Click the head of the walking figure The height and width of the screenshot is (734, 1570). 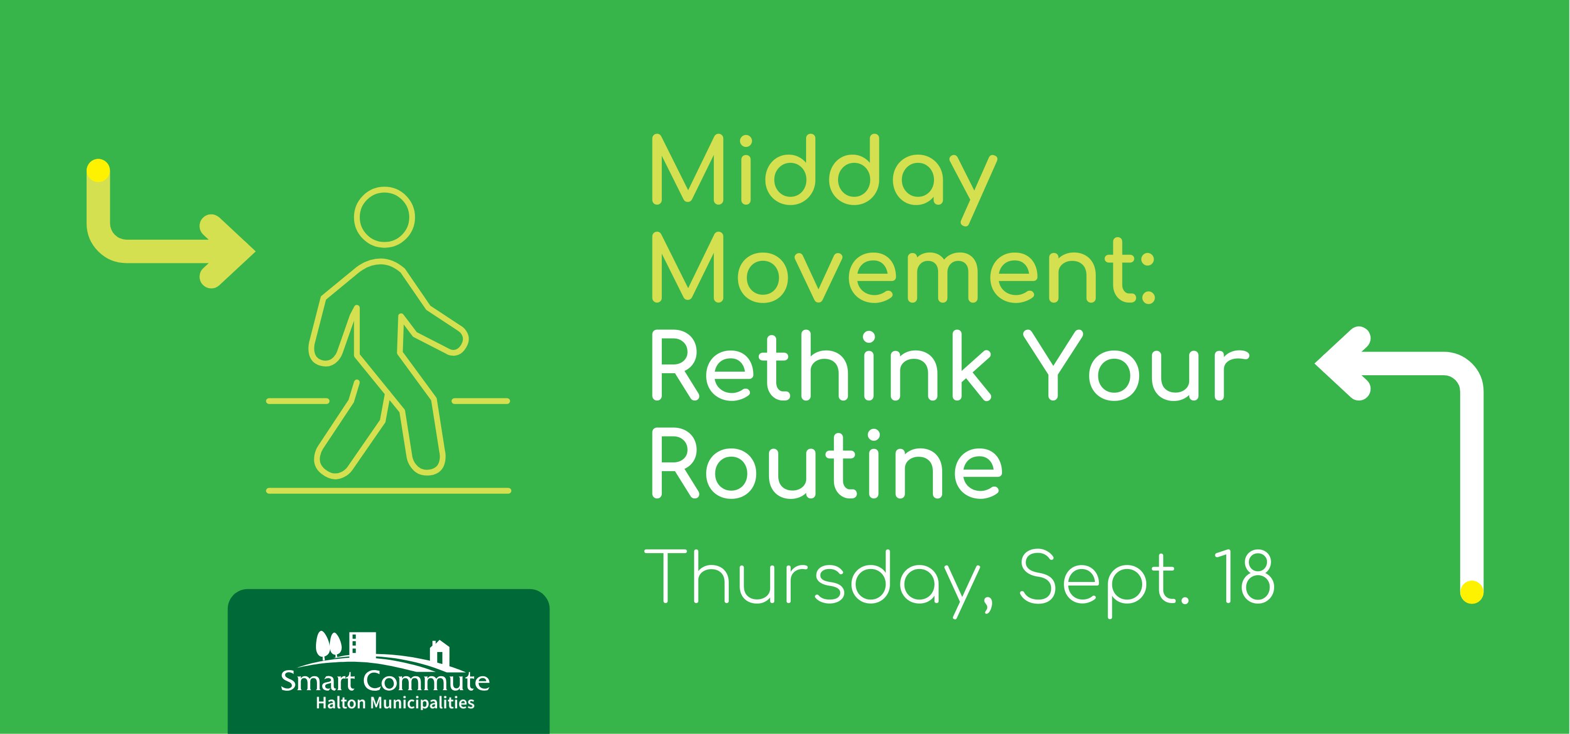[x=384, y=217]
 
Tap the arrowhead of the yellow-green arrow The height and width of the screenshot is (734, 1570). [x=228, y=251]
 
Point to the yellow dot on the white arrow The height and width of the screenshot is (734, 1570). [x=1471, y=591]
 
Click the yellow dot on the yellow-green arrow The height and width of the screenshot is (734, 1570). [x=98, y=171]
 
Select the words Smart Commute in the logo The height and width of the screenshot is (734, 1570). [x=385, y=681]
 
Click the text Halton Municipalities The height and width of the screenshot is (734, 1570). [x=395, y=703]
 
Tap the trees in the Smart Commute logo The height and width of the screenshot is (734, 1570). [x=328, y=644]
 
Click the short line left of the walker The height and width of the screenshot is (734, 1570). [x=297, y=401]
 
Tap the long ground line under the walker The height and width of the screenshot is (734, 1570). [x=389, y=491]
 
